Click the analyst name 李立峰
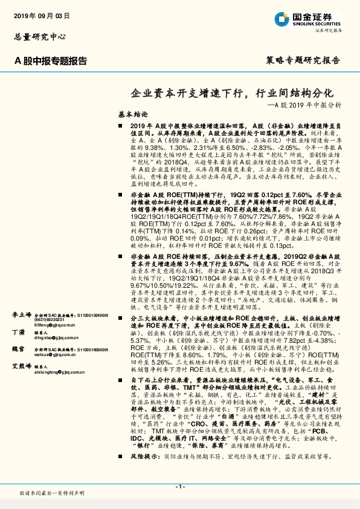(x=22, y=315)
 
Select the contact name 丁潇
(x=18, y=332)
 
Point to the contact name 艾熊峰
(x=22, y=366)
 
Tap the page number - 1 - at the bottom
(x=179, y=485)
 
